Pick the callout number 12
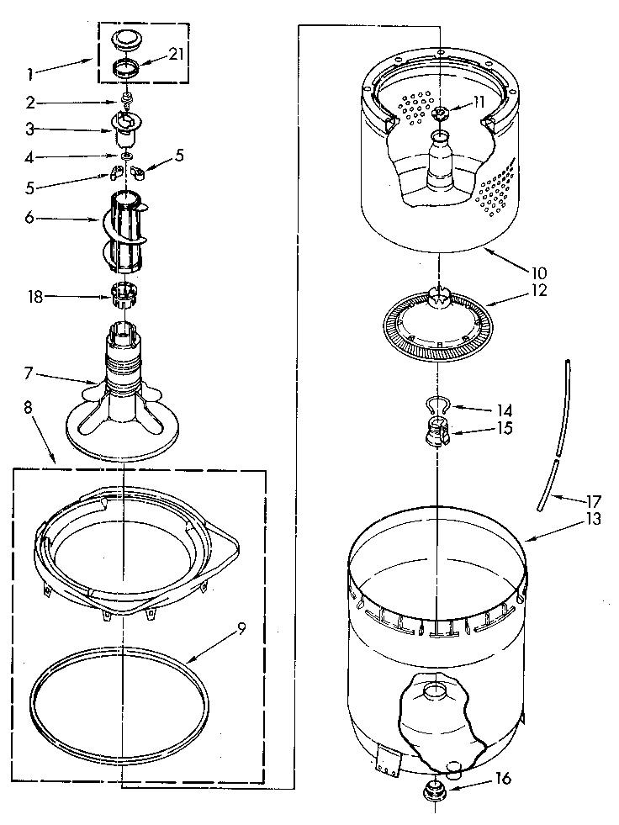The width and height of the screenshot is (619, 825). click(x=539, y=291)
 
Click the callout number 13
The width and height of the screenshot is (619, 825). click(x=594, y=519)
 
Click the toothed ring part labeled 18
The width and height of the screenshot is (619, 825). click(x=124, y=295)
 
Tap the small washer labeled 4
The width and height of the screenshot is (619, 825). click(x=125, y=156)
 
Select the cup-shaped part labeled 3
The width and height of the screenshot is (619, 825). click(x=124, y=130)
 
